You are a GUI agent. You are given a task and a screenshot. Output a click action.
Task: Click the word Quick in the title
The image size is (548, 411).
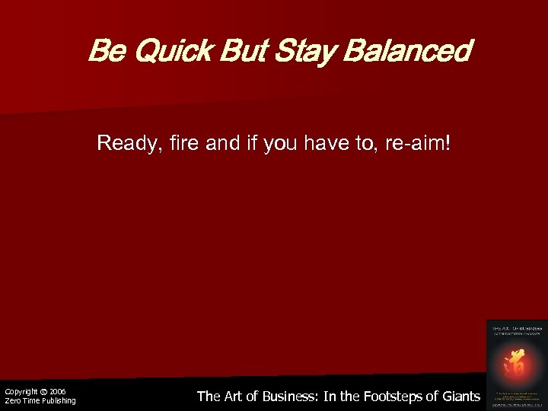click(x=159, y=53)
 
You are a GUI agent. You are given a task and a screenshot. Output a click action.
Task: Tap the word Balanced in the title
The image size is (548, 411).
click(x=407, y=53)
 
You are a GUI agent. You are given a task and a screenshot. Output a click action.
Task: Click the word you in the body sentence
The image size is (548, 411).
click(x=281, y=143)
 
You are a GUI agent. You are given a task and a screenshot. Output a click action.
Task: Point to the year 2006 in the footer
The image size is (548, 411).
click(x=58, y=391)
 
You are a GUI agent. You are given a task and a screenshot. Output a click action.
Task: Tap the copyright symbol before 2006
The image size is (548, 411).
click(x=44, y=391)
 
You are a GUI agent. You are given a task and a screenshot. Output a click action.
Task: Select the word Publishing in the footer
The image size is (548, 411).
click(x=58, y=401)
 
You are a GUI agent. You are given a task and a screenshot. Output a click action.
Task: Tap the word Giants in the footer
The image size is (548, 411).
click(x=461, y=396)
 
